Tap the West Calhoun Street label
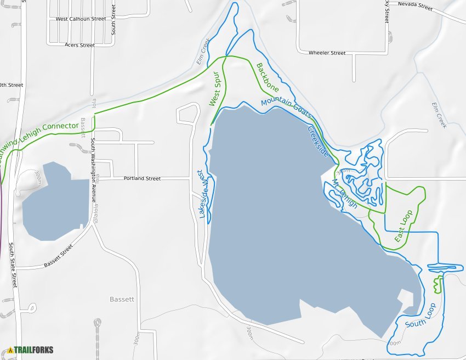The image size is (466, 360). [81, 19]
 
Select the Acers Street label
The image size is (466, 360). [79, 45]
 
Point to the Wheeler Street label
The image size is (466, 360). [327, 53]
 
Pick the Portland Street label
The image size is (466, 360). [142, 178]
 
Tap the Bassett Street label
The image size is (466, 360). [58, 256]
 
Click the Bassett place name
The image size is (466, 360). [122, 299]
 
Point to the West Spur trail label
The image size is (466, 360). [214, 89]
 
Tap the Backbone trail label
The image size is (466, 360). [268, 77]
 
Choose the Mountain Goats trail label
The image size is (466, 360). [286, 108]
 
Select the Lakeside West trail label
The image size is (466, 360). [202, 195]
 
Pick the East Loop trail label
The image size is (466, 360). [404, 227]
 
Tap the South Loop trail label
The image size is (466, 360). [420, 316]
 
